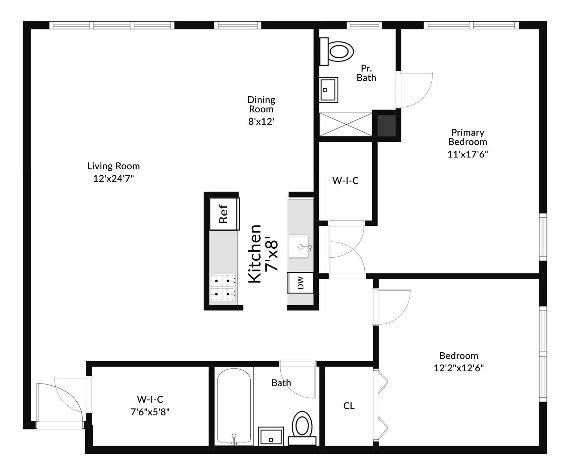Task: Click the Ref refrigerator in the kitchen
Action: tap(224, 214)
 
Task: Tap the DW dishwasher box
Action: tap(300, 283)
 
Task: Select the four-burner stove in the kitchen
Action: tap(223, 288)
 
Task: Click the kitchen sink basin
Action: tap(299, 246)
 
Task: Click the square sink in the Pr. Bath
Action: tap(328, 90)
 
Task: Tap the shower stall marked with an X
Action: tap(345, 124)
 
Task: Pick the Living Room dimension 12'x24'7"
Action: tap(113, 178)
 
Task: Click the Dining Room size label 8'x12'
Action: tap(261, 122)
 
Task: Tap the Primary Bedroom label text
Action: tap(467, 137)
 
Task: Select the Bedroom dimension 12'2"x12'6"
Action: tap(458, 368)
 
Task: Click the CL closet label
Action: tap(349, 406)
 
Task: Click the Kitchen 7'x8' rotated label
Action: tap(263, 254)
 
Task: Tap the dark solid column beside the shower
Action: tap(386, 126)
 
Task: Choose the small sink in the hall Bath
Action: tap(271, 436)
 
